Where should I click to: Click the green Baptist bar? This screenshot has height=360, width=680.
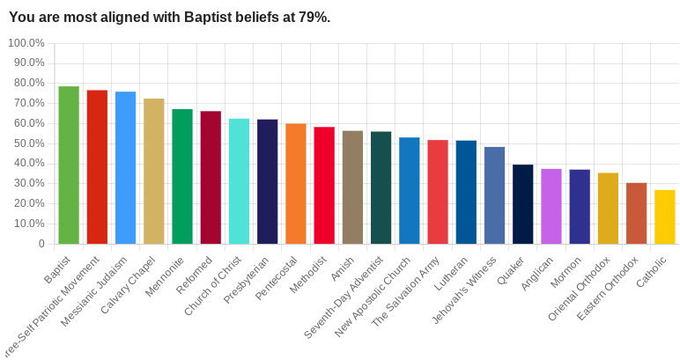pos(69,165)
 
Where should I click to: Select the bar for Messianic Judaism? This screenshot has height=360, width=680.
pos(125,167)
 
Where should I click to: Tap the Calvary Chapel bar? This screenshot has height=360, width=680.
pos(153,171)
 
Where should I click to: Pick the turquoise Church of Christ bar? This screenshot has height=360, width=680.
pos(239,180)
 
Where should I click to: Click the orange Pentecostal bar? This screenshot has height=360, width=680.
pos(296,183)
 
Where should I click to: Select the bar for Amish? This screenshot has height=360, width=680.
pos(352,187)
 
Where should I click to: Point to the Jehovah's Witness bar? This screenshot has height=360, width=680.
pos(494,195)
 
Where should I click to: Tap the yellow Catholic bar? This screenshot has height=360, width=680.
pos(665,217)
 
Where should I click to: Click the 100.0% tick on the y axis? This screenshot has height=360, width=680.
pos(26,43)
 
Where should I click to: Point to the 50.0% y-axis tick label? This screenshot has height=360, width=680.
pos(27,143)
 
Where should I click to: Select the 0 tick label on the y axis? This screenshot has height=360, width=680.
pos(41,244)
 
